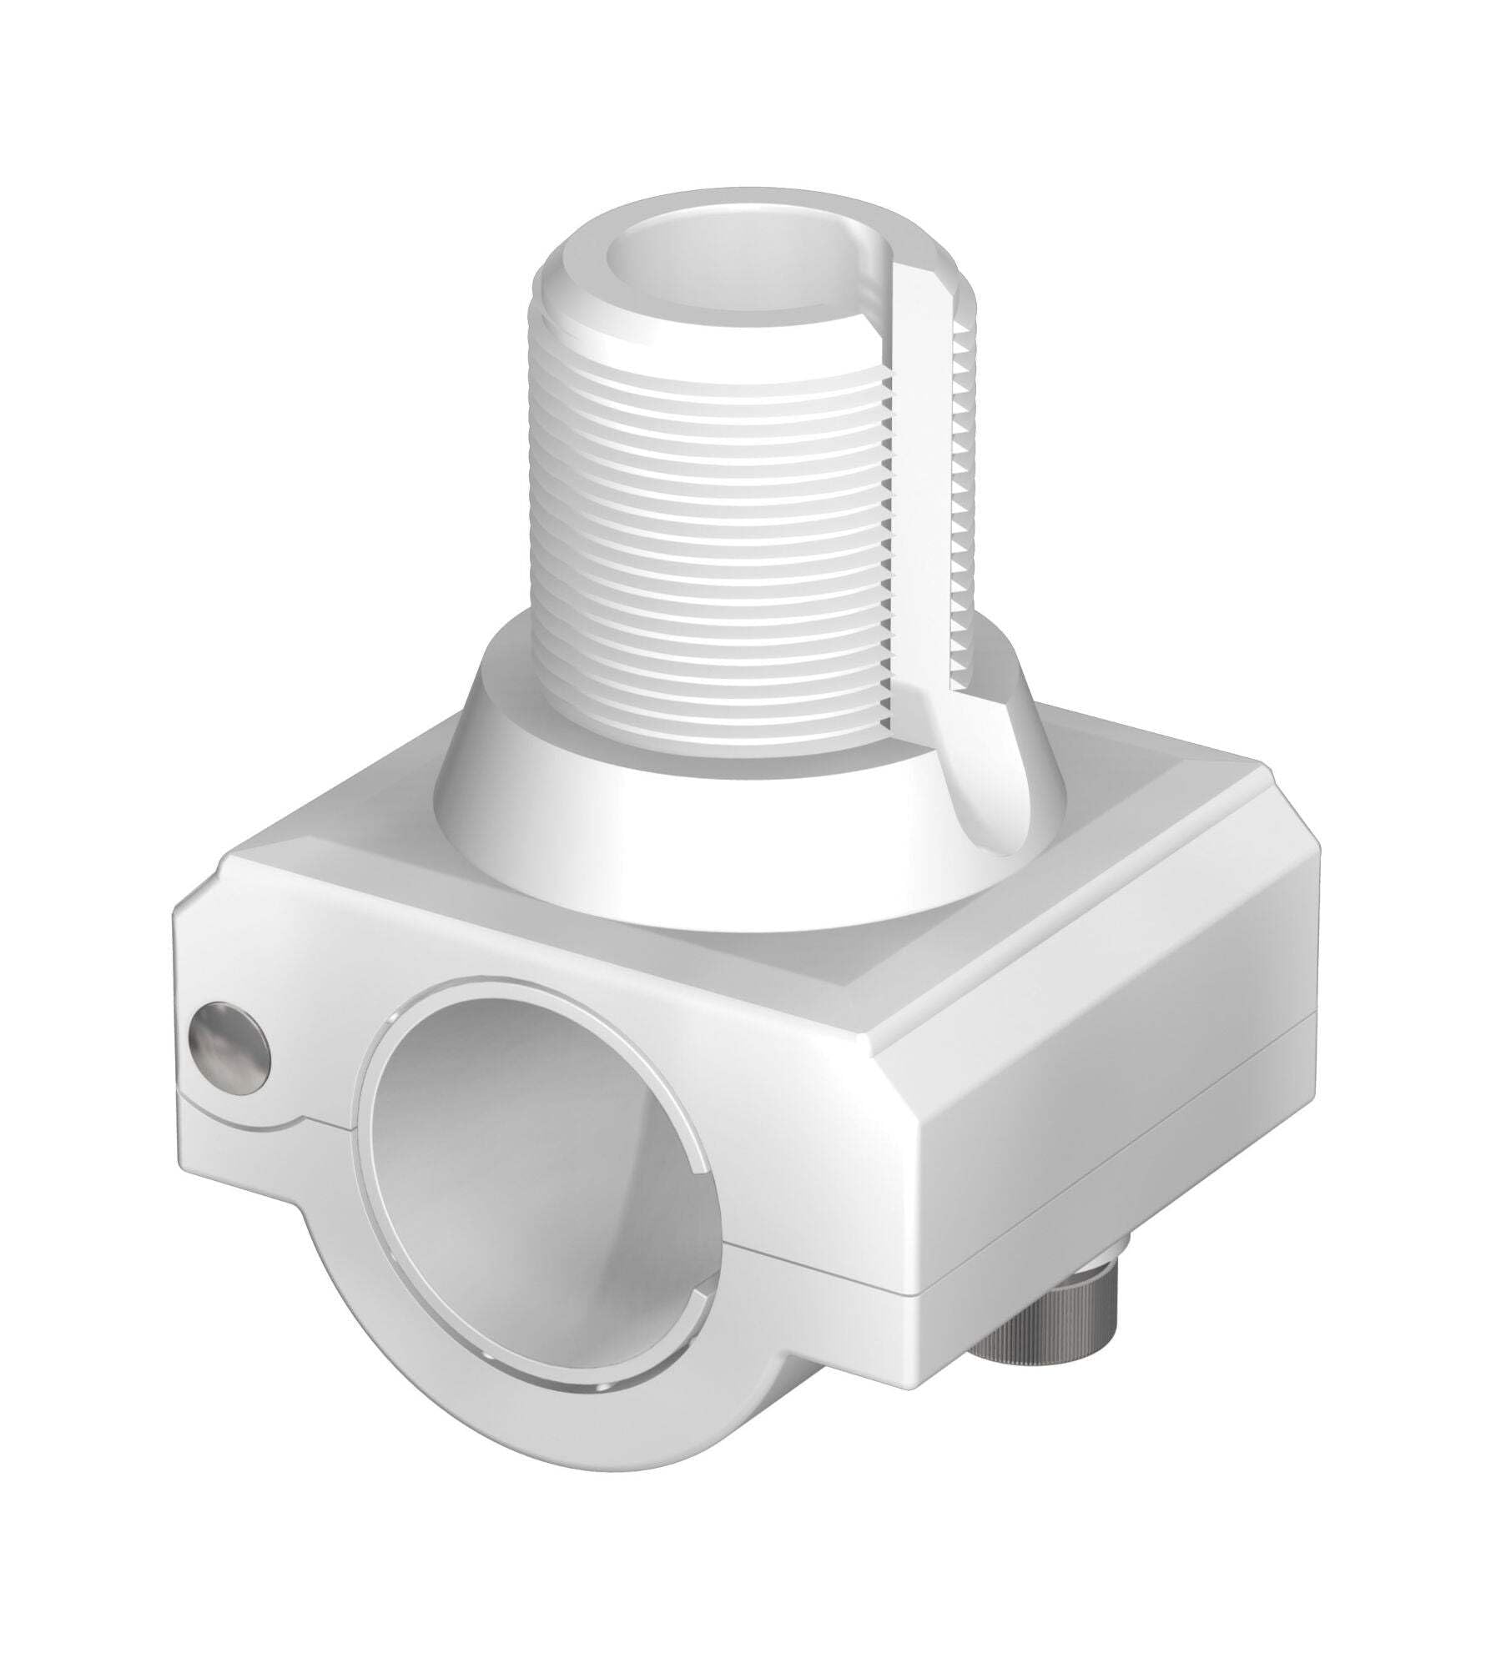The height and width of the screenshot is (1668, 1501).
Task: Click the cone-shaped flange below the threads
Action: tap(634, 801)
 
